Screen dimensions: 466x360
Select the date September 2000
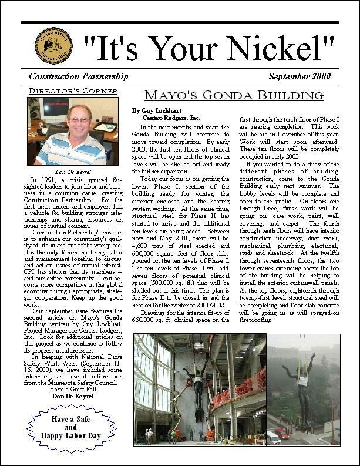tap(300, 76)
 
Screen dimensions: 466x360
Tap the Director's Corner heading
tap(73, 91)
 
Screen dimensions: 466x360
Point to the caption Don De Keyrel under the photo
tap(73, 171)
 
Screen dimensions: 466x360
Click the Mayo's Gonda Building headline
tap(234, 96)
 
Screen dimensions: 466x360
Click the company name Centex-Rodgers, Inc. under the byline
tap(167, 118)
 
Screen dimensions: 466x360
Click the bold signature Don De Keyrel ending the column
tap(73, 397)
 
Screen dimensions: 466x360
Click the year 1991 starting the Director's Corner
tap(51, 179)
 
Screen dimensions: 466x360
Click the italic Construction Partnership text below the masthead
tap(78, 76)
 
